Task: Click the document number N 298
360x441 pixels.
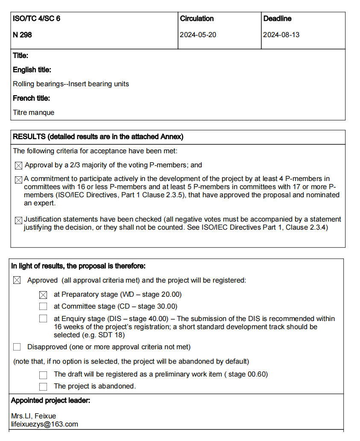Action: point(23,35)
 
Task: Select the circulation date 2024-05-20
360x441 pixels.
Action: point(198,35)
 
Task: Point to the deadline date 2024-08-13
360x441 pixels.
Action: point(281,35)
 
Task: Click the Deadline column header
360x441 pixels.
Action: point(277,18)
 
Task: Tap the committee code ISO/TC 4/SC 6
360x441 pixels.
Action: point(36,18)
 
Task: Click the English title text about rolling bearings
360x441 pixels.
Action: point(70,84)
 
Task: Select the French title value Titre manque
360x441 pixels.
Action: point(33,113)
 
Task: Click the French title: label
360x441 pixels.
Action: point(31,98)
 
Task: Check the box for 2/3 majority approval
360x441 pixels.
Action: point(18,165)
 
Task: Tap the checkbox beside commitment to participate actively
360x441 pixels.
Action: point(18,180)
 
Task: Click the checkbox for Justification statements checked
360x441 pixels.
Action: point(18,220)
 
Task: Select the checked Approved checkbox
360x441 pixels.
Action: point(17,280)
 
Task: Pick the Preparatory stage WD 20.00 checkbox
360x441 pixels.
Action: point(43,295)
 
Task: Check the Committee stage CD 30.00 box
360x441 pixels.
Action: point(43,306)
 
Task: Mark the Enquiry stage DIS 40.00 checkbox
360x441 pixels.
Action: point(43,318)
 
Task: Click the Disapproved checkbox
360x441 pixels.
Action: point(17,347)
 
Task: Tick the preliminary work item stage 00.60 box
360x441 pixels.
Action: point(43,375)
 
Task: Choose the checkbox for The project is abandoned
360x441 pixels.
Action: point(43,386)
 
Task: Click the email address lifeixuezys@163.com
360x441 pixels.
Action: point(44,424)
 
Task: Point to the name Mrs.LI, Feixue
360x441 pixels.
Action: point(33,416)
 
